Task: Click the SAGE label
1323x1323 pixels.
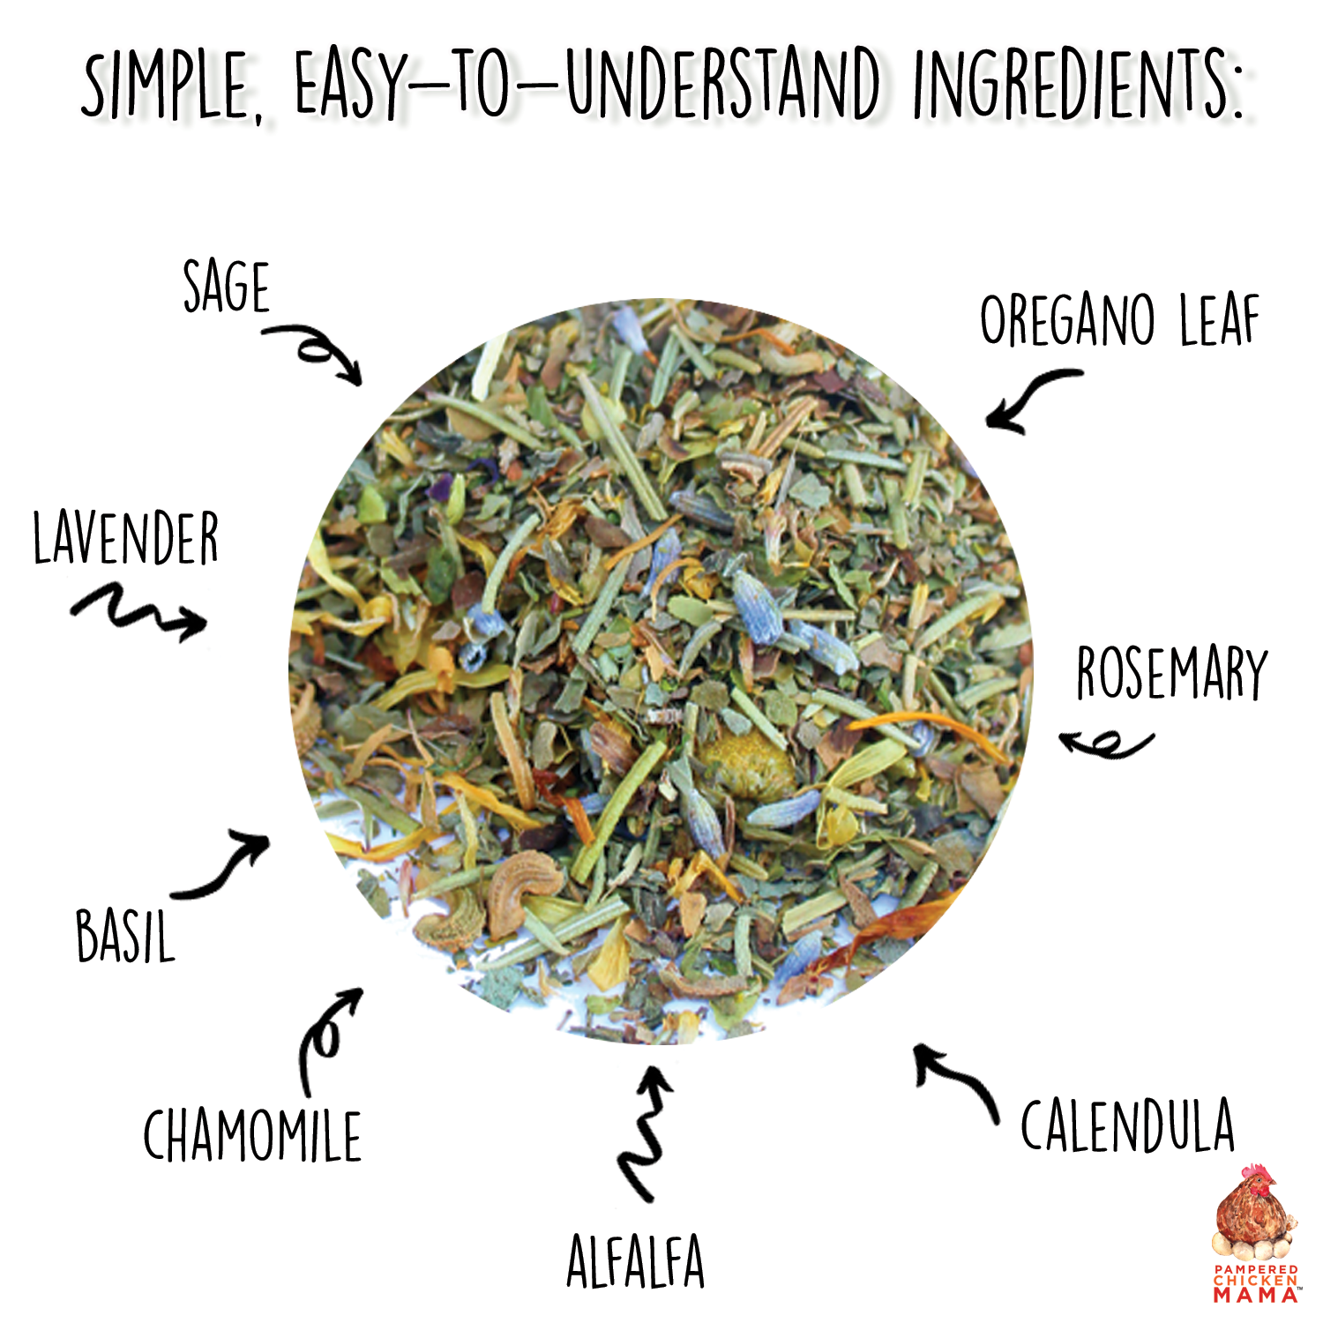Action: pos(226,288)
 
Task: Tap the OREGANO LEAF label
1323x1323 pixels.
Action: pos(1119,321)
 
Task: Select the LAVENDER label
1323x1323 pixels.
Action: pos(125,539)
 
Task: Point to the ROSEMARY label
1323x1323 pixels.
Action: pos(1171,673)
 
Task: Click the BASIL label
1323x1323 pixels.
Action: pos(125,936)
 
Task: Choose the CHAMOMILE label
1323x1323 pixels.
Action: pos(252,1136)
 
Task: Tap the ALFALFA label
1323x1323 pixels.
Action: pos(635,1262)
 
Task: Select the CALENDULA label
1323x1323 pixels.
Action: pos(1127,1125)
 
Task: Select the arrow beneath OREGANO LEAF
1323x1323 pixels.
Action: pos(1028,400)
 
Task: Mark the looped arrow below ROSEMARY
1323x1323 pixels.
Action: pos(1107,744)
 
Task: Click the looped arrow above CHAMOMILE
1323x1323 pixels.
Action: pos(326,1036)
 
